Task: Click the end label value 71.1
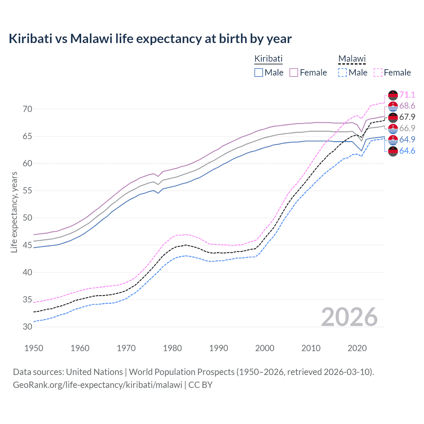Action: [x=407, y=95]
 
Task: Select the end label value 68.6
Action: [x=407, y=106]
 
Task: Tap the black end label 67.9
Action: [x=407, y=117]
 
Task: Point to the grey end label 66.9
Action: [x=407, y=129]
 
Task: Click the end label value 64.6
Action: [x=407, y=151]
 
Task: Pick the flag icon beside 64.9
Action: [x=393, y=140]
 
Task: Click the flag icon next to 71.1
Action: [x=393, y=95]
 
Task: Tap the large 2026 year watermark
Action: [x=349, y=317]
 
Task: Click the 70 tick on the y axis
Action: [x=27, y=109]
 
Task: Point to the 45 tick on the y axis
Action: [x=27, y=245]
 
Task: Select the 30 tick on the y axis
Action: [x=27, y=327]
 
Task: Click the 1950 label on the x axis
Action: [x=34, y=348]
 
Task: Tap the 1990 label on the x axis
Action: [x=219, y=348]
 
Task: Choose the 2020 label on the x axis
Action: [x=357, y=348]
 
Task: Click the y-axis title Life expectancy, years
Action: [x=14, y=212]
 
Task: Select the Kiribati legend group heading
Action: [x=268, y=59]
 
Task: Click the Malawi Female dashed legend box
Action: [x=378, y=73]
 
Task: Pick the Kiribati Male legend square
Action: [x=259, y=73]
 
